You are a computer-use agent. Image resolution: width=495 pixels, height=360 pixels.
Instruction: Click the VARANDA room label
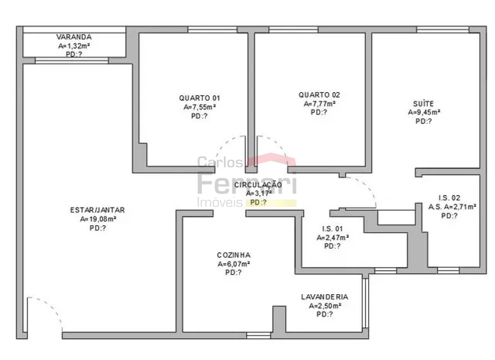pyautogui.click(x=74, y=37)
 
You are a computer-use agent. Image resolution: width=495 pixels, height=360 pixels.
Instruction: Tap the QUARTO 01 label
pyautogui.click(x=199, y=98)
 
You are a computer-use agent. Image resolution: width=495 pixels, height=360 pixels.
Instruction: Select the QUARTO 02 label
pyautogui.click(x=319, y=95)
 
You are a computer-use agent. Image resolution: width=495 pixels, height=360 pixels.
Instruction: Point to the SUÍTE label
pyautogui.click(x=423, y=103)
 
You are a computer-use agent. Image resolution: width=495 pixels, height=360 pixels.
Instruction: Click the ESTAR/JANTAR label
pyautogui.click(x=97, y=210)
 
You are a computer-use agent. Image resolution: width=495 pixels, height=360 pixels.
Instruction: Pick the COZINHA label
pyautogui.click(x=234, y=255)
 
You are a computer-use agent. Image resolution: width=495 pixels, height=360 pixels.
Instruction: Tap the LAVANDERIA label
pyautogui.click(x=324, y=297)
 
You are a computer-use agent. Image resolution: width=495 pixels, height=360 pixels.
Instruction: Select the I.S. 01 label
pyautogui.click(x=332, y=229)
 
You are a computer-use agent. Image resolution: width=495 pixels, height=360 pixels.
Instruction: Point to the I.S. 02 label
pyautogui.click(x=449, y=198)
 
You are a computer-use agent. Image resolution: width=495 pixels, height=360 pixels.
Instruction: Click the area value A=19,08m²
pyautogui.click(x=98, y=219)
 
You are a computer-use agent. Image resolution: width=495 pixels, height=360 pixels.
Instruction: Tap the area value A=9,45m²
pyautogui.click(x=424, y=112)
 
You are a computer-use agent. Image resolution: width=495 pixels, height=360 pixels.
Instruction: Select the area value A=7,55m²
pyautogui.click(x=200, y=107)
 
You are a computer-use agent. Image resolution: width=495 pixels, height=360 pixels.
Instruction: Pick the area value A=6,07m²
pyautogui.click(x=234, y=264)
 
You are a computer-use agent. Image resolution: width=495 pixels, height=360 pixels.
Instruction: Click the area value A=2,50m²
pyautogui.click(x=325, y=306)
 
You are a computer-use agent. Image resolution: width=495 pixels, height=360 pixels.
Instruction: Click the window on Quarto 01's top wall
pyautogui.click(x=213, y=30)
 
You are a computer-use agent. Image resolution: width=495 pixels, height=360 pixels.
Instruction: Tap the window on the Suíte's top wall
pyautogui.click(x=443, y=30)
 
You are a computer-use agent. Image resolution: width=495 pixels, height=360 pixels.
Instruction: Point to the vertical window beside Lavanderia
pyautogui.click(x=365, y=303)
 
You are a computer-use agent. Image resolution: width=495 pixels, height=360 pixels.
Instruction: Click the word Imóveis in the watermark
pyautogui.click(x=220, y=202)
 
